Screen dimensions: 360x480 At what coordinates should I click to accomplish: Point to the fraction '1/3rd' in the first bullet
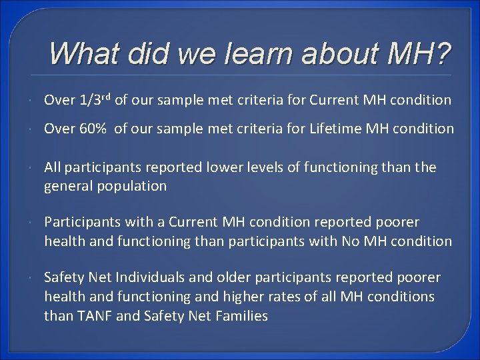coord(95,100)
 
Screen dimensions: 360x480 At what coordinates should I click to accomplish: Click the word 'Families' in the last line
coord(242,316)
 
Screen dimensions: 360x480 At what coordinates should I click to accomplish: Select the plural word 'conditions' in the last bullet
coord(401,297)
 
